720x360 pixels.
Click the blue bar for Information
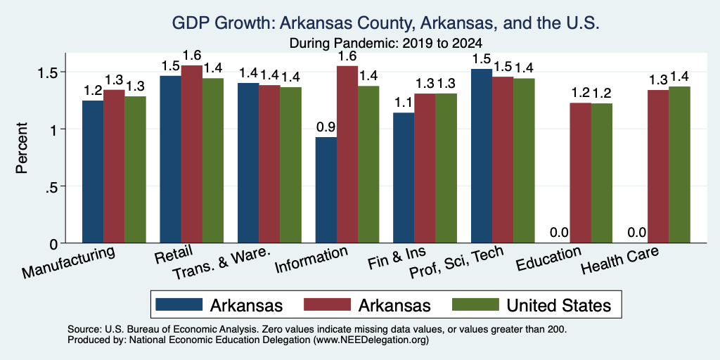[x=326, y=190]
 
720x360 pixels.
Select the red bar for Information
[x=347, y=154]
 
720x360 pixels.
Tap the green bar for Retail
[x=213, y=161]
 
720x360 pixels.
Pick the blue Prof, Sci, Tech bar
[x=482, y=156]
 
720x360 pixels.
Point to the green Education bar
[x=602, y=173]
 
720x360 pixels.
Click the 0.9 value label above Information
[x=326, y=127]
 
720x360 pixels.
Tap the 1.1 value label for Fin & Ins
[x=404, y=103]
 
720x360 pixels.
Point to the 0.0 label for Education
[x=559, y=233]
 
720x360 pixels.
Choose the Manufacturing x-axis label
[x=68, y=262]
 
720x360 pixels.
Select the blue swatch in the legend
[x=179, y=304]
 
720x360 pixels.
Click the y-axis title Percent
[x=22, y=148]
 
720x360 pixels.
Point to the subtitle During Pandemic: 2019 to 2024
[x=386, y=44]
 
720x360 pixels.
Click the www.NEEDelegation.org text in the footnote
[x=371, y=340]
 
